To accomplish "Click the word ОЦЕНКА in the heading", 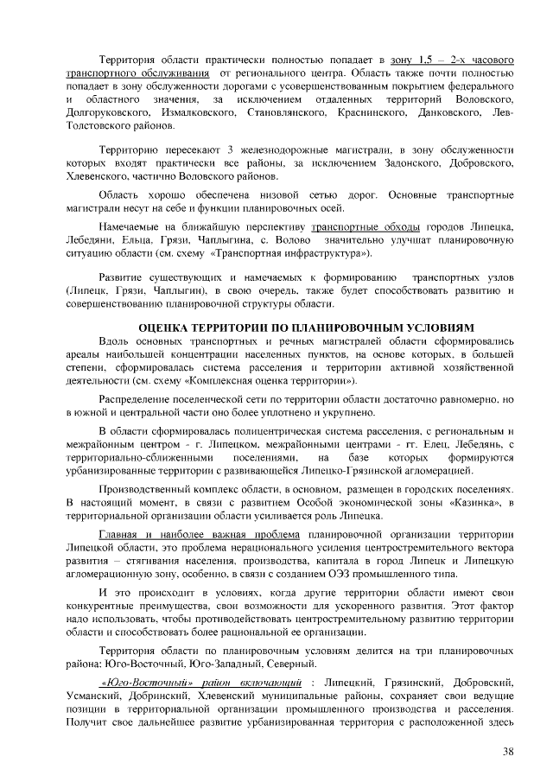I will click(x=168, y=329).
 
